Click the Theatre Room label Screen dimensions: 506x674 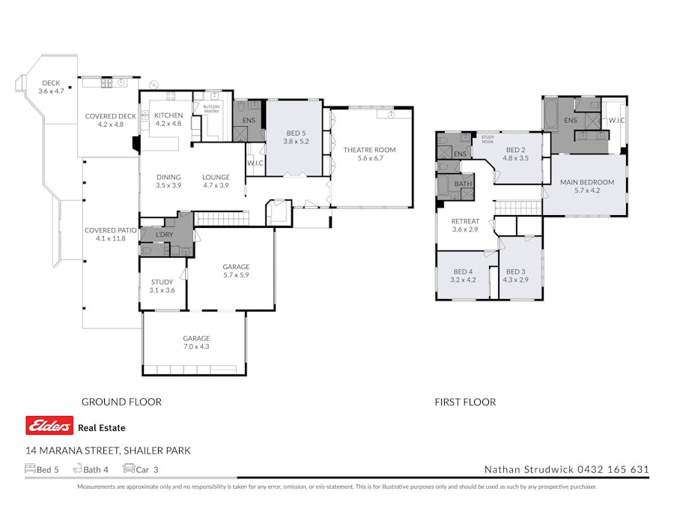[369, 150]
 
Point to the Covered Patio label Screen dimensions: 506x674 [111, 230]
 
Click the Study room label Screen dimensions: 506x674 [162, 282]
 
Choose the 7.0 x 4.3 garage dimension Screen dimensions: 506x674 [196, 346]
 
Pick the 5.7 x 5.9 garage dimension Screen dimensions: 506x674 [236, 275]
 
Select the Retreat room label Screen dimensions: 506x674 [464, 221]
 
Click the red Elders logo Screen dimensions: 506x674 [49, 426]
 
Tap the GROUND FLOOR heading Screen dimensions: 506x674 [121, 402]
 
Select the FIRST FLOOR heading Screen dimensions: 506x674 [465, 402]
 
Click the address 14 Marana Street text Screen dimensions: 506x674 [108, 451]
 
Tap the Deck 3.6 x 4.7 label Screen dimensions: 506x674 [51, 87]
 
